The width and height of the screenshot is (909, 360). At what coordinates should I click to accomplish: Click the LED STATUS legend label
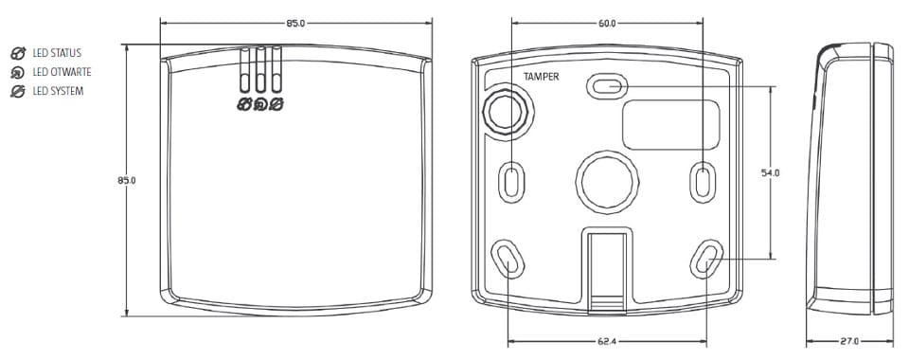57,53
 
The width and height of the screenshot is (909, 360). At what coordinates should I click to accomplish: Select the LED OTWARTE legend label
62,72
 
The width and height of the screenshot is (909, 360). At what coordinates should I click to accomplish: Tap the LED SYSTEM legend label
58,92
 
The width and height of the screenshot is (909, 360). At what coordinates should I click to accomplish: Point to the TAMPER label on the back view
542,77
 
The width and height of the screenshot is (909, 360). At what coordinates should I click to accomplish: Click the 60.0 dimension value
607,24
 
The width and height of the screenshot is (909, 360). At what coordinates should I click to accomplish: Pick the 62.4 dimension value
607,342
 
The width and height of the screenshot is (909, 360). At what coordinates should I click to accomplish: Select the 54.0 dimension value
771,172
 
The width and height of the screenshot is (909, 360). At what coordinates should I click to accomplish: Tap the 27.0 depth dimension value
849,341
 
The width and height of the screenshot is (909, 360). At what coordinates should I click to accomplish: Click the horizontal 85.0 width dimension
295,24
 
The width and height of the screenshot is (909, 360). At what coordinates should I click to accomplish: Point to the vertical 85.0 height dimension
126,180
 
